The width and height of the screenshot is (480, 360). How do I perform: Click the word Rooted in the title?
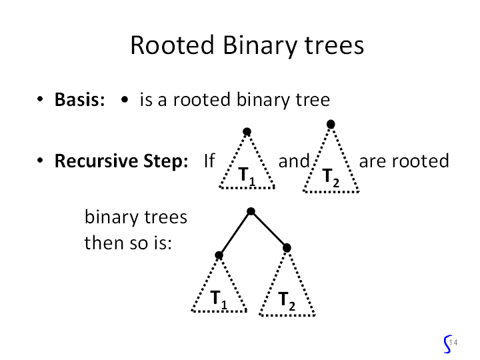(173, 45)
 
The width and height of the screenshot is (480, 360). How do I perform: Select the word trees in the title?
(334, 45)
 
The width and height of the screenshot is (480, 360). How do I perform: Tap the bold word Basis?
(79, 99)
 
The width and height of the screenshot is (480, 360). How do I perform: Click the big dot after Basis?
(125, 99)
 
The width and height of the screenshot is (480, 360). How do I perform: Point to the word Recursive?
(96, 161)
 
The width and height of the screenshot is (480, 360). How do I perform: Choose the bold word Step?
(165, 161)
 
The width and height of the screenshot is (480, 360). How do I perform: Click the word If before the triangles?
(209, 161)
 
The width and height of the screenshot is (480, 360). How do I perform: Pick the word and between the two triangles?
(294, 161)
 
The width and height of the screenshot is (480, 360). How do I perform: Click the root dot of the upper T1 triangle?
(247, 132)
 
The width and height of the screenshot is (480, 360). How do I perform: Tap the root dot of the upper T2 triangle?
(331, 124)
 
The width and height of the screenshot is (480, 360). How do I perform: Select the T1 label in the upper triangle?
(247, 177)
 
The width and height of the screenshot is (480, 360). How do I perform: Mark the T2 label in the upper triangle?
(331, 178)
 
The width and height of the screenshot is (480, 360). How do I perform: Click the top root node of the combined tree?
(251, 211)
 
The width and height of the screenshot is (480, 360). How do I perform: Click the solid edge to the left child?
(235, 233)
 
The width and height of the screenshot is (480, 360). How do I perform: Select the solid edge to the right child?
(269, 229)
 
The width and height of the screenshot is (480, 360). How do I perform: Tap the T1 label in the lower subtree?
(219, 300)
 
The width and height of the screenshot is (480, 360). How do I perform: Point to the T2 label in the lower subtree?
(287, 301)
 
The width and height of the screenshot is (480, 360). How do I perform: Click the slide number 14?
(453, 342)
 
